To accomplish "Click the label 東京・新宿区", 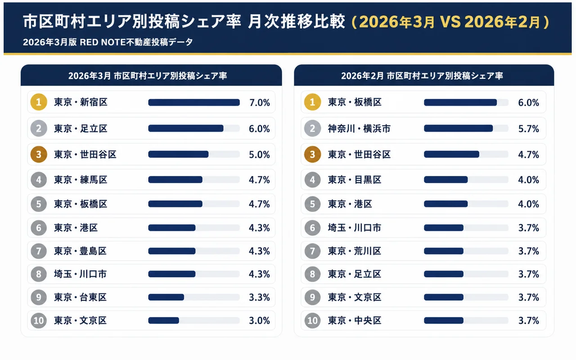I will coord(81,103).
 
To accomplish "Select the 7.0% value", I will coord(259,103).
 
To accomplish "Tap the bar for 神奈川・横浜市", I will coord(458,129).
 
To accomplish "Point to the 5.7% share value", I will coord(528,129).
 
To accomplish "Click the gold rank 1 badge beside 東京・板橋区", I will coord(312,103).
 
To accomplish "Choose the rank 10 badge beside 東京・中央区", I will coord(312,321).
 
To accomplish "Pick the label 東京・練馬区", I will coord(81,180).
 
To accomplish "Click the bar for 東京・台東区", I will coord(166,297).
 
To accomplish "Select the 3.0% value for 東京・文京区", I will coord(259,321).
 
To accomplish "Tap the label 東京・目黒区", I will coord(355,180).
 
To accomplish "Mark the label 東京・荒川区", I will coord(355,251).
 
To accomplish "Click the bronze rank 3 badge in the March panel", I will coord(39,155).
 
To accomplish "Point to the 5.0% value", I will coord(259,155).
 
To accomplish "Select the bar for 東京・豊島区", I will coord(172,251).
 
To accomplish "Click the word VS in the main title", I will coord(449,22).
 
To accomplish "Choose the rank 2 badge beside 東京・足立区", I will coord(39,129).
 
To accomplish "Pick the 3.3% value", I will coord(259,297).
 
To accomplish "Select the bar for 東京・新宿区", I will coord(193,103).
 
